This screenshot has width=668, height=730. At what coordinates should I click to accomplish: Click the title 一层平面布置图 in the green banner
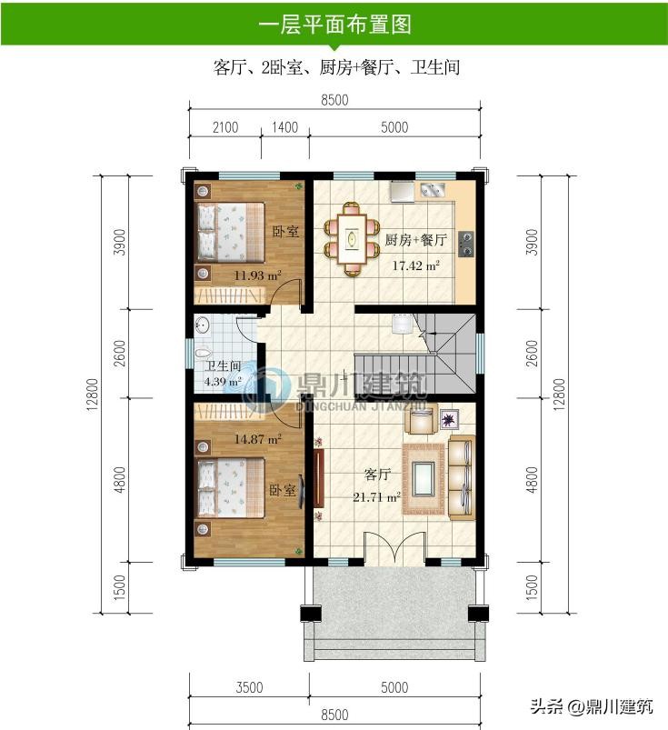[x=334, y=25]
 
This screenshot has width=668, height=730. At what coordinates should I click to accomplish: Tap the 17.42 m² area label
[x=415, y=265]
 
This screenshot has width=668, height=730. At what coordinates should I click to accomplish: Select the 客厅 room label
[x=376, y=475]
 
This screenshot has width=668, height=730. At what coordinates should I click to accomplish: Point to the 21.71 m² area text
[x=376, y=497]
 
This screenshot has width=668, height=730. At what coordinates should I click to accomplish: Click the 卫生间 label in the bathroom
[x=223, y=366]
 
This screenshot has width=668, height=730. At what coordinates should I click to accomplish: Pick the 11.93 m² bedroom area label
[x=257, y=275]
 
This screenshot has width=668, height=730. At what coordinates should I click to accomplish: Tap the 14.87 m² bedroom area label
[x=257, y=439]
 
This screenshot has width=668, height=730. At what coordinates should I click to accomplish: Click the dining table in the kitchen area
[x=352, y=239]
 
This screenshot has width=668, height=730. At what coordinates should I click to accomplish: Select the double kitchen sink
[x=433, y=189]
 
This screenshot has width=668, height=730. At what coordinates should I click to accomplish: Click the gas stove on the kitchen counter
[x=466, y=245]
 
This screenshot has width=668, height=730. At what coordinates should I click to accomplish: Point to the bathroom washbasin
[x=202, y=325]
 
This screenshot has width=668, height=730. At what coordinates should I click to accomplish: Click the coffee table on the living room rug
[x=424, y=479]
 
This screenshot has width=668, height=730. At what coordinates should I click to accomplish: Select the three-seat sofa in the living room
[x=462, y=477]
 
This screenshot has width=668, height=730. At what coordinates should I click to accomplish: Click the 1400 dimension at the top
[x=284, y=127]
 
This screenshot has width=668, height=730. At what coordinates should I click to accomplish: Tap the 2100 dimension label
[x=225, y=127]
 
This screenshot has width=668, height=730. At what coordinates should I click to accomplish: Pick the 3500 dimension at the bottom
[x=250, y=687]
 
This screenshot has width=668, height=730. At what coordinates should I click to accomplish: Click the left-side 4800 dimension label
[x=120, y=479]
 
